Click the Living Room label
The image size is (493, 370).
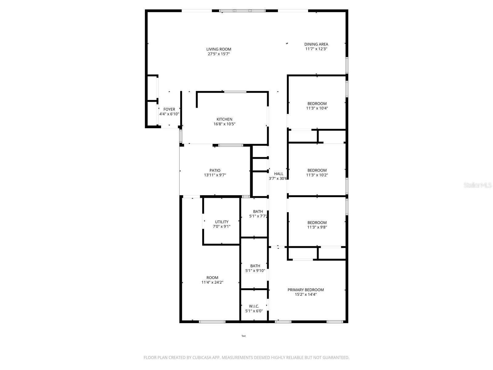coord(218,49)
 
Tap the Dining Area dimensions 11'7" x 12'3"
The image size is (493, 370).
coord(316,49)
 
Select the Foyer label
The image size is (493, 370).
coord(169,109)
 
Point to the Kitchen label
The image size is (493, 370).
coord(224,119)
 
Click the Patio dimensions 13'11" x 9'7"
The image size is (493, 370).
coord(215,175)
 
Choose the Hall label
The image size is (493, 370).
coord(279,174)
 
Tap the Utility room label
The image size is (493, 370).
coord(222,222)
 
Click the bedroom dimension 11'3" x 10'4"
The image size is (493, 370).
coord(317,108)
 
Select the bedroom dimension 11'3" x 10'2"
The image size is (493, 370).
coord(317,175)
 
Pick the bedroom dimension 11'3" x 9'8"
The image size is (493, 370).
coord(317,227)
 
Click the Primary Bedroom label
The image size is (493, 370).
coord(306,290)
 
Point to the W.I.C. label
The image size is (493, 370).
coord(254,306)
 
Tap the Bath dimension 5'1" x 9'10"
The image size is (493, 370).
coord(255,271)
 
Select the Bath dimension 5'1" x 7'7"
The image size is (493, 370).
coord(258,216)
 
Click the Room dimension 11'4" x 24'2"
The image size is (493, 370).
coord(212,282)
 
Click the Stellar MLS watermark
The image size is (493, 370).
coord(478,185)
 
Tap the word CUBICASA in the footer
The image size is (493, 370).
coord(202,358)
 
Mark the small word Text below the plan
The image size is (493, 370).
coord(243,336)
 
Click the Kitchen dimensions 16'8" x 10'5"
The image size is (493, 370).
coord(224,124)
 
